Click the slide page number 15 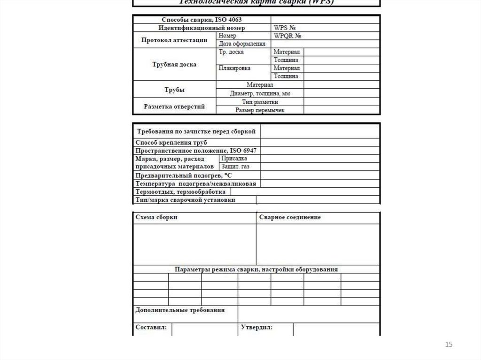pyautogui.click(x=449, y=345)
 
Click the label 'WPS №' pyautogui.click(x=285, y=28)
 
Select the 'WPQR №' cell pyautogui.click(x=287, y=36)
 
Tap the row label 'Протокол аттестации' pyautogui.click(x=174, y=40)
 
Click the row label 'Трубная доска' pyautogui.click(x=174, y=64)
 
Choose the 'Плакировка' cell pyautogui.click(x=235, y=68)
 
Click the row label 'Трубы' pyautogui.click(x=174, y=89)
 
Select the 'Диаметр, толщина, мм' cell pyautogui.click(x=260, y=93)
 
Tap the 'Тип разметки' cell pyautogui.click(x=260, y=102)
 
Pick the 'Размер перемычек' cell pyautogui.click(x=260, y=110)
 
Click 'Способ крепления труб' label pyautogui.click(x=171, y=142)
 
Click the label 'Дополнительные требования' pyautogui.click(x=180, y=310)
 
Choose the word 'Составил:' pyautogui.click(x=151, y=327)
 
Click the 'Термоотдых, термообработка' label pyautogui.click(x=180, y=192)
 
